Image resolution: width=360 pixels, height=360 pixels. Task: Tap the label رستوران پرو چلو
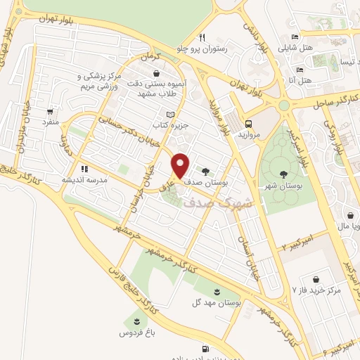click(x=222, y=49)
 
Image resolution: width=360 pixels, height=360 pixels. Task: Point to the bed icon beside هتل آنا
click(x=300, y=70)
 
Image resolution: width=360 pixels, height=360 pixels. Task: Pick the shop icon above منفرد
click(x=50, y=111)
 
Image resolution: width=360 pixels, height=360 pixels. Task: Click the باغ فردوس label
click(x=129, y=331)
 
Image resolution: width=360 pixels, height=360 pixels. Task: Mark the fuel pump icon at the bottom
click(x=205, y=348)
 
